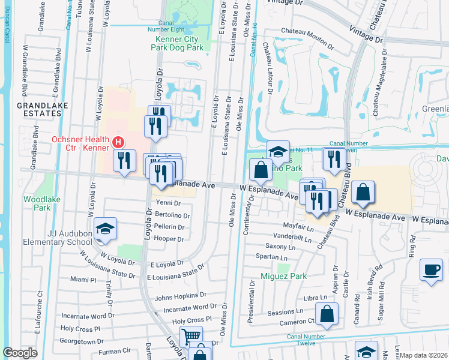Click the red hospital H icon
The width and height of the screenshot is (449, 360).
[118, 143]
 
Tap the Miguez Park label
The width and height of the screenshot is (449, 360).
[283, 276]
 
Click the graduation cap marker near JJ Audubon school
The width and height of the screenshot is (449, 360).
[105, 229]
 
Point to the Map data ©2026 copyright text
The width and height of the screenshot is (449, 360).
[423, 355]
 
